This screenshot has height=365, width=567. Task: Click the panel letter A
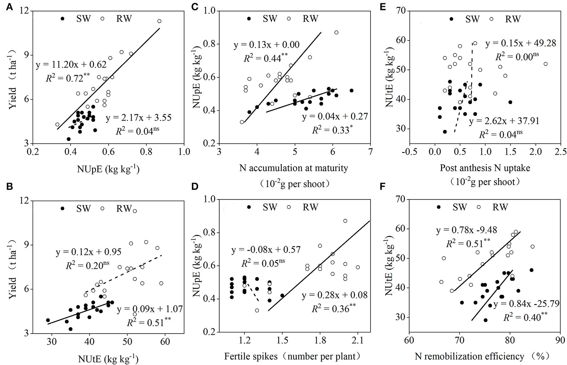pyautogui.click(x=10, y=7)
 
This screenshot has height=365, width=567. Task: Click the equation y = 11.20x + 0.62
pyautogui.click(x=71, y=65)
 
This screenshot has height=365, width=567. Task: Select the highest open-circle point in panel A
pyautogui.click(x=159, y=21)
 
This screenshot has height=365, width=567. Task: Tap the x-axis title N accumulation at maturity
pyautogui.click(x=293, y=168)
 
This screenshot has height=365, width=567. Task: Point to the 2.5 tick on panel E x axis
pyautogui.click(x=560, y=152)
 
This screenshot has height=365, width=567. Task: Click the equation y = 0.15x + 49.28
pyautogui.click(x=521, y=43)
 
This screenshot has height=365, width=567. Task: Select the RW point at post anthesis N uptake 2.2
pyautogui.click(x=546, y=64)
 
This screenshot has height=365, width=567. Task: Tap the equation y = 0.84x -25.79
pyautogui.click(x=526, y=304)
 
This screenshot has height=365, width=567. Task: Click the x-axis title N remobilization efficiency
pyautogui.click(x=469, y=356)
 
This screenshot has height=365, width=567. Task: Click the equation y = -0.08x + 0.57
pyautogui.click(x=266, y=249)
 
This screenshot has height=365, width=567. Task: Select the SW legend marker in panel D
pyautogui.click(x=249, y=207)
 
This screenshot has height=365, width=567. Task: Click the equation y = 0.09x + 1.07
pyautogui.click(x=149, y=309)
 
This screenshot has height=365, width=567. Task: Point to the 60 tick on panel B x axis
pyautogui.click(x=165, y=341)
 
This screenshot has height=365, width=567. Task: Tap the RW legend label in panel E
pyautogui.click(x=513, y=19)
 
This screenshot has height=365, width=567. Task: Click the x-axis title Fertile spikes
pyautogui.click(x=251, y=356)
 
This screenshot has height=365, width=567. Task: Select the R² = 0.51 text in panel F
pyautogui.click(x=467, y=243)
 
